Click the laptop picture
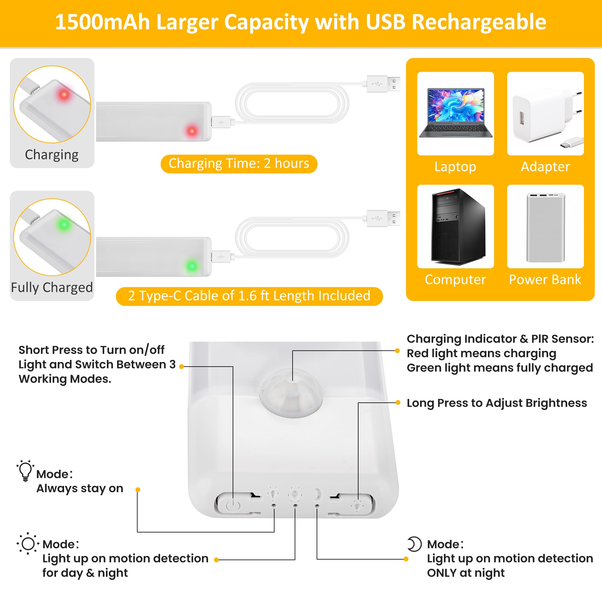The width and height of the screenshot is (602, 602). pos(455,113)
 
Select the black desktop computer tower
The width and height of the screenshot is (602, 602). pos(458,227)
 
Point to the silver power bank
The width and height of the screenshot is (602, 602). pos(546,228)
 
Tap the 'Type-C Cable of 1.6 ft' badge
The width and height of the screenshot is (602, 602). pos(249,296)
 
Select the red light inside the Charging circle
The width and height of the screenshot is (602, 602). pos(64,94)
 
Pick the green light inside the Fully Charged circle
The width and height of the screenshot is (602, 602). pos(64,224)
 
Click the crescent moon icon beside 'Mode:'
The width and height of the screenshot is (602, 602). pos(414,544)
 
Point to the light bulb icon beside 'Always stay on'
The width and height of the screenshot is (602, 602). pos(26,471)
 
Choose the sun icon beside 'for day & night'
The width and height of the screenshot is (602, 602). pos(28,544)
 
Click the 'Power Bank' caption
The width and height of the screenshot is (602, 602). pos(545,280)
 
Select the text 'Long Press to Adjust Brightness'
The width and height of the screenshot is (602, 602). pos(497,403)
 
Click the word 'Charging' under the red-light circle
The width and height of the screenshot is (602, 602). pos(52,155)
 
